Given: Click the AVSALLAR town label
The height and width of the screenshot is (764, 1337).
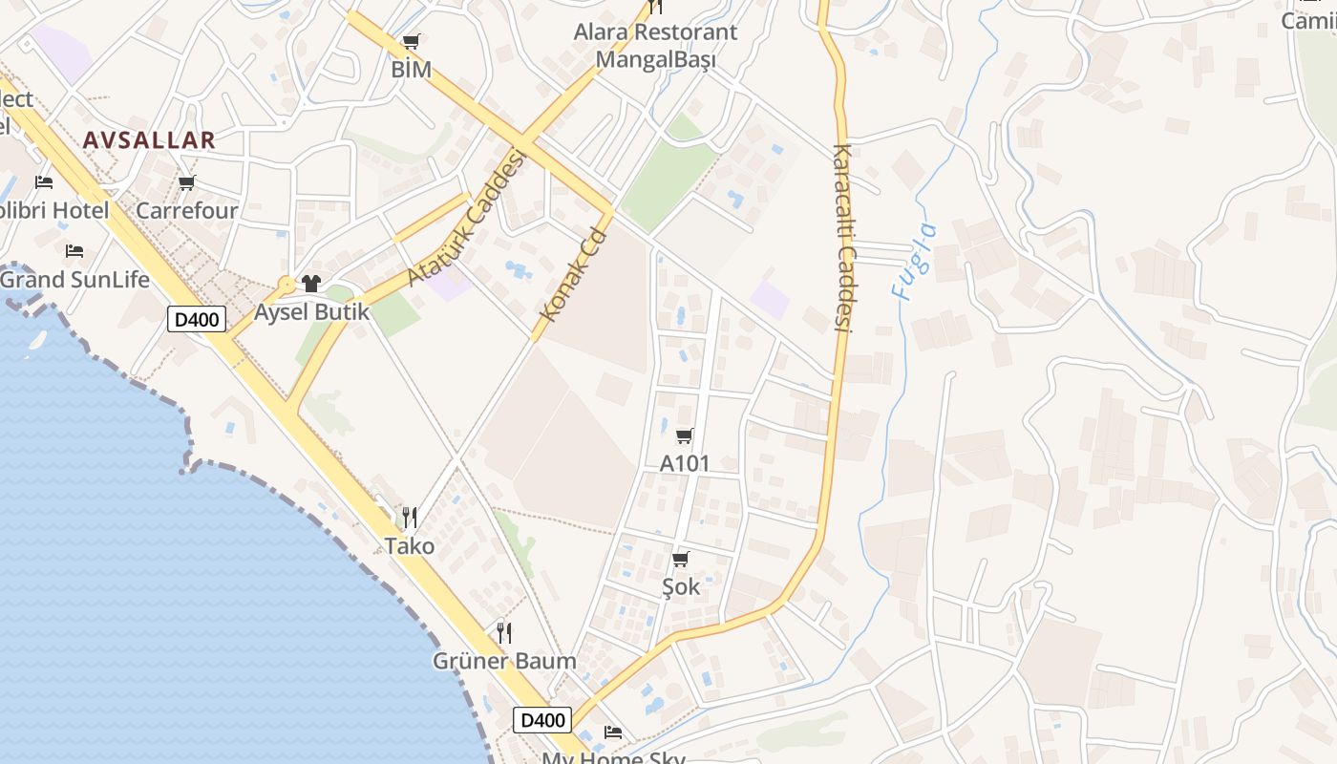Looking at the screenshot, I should [x=149, y=140].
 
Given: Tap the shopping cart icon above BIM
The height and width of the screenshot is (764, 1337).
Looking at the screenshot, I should [x=411, y=42].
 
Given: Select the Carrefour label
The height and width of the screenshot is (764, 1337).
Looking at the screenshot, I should [x=187, y=210].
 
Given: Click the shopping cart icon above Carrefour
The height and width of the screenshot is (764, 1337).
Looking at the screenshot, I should [x=187, y=182].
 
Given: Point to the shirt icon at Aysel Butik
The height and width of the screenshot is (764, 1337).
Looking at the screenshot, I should [x=311, y=284].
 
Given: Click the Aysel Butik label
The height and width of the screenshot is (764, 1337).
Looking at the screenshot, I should [x=311, y=312].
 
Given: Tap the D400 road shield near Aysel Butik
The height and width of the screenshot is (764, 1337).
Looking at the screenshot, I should [x=197, y=319].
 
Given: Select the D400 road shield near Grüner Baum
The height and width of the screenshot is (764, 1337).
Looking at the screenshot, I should [x=542, y=720].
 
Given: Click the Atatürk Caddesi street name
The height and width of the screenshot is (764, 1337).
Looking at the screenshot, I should [x=467, y=216].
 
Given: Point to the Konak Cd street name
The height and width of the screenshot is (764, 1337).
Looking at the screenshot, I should [x=573, y=274].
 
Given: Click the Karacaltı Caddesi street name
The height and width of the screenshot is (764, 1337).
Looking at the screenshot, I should [x=841, y=238].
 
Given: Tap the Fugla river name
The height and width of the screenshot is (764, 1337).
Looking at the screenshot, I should [x=914, y=262].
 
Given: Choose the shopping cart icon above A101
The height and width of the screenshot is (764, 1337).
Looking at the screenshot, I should [x=684, y=436].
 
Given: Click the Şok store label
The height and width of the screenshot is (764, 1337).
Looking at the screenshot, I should [x=681, y=586].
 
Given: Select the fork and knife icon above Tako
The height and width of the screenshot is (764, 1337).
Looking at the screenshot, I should [x=410, y=518].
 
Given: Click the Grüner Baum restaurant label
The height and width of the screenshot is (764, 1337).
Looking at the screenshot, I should [x=504, y=661].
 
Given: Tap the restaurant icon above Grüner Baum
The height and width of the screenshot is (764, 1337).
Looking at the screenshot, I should [x=504, y=632].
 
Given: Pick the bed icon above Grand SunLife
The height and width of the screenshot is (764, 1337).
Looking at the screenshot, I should [x=74, y=251].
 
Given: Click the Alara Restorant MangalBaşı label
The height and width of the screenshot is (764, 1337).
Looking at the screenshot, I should [x=655, y=45].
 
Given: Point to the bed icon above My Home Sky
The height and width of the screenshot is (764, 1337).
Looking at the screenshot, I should [x=613, y=732].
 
